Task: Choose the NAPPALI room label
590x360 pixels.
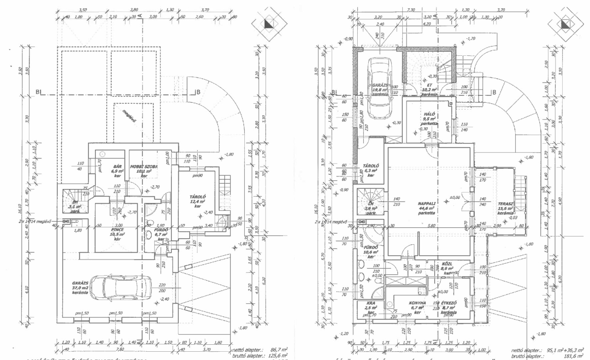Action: (426, 203)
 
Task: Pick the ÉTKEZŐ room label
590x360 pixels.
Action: (447, 303)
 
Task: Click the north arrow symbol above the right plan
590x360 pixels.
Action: (562, 25)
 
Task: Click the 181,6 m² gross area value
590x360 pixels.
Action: (573, 356)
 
